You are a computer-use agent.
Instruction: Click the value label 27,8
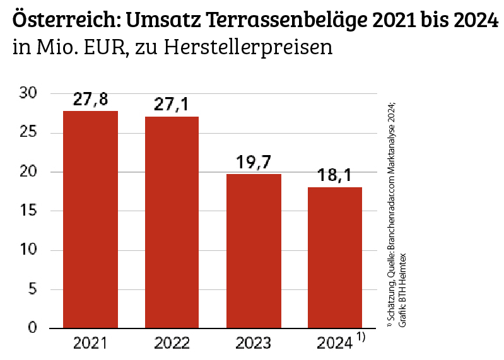(x=90, y=100)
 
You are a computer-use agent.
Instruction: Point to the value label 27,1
(x=172, y=105)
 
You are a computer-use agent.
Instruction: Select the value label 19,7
(x=254, y=163)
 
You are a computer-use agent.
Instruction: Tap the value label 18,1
(x=335, y=176)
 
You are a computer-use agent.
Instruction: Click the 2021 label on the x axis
(x=90, y=344)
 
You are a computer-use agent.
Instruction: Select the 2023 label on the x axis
(x=254, y=344)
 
